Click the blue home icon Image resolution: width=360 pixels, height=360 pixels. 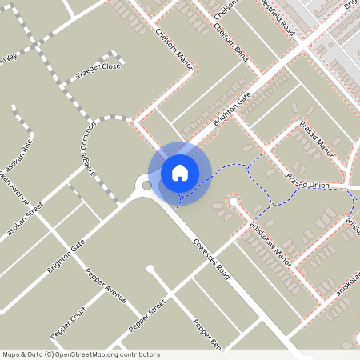(x=180, y=172)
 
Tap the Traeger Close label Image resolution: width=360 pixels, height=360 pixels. (x=98, y=66)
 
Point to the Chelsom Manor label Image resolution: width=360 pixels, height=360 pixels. (x=175, y=50)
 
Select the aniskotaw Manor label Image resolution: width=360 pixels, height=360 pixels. (x=270, y=239)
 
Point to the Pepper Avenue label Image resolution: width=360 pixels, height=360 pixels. (x=106, y=284)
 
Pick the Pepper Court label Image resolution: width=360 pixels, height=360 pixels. (x=68, y=320)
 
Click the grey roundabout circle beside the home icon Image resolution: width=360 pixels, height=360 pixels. (x=146, y=186)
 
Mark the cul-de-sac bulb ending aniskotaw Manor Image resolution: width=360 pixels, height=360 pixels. (x=233, y=203)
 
